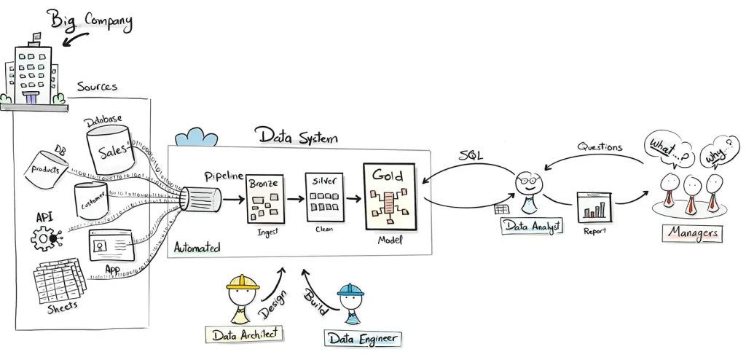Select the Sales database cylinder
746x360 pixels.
tap(109, 150)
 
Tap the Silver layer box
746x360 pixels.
tap(324, 197)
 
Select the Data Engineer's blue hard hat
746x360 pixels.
tap(350, 290)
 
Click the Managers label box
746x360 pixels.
tap(691, 233)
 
